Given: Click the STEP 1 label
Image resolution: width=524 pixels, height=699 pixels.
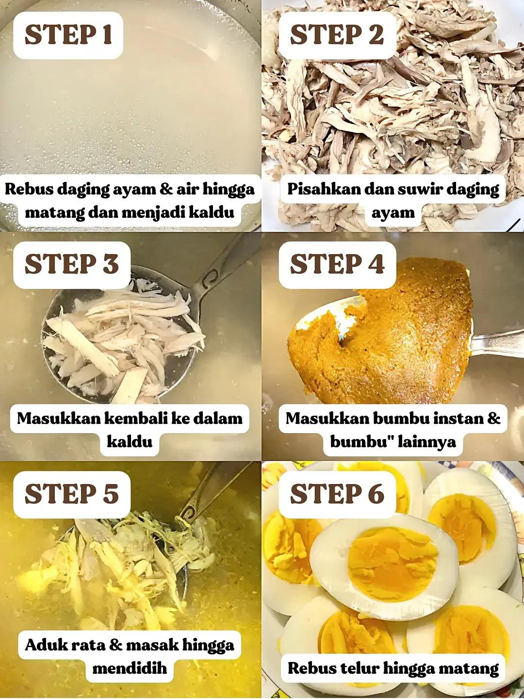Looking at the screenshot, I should (x=68, y=35).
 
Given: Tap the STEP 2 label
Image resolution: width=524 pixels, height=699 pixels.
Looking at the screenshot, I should (x=336, y=35).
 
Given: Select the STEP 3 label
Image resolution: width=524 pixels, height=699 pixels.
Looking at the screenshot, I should (x=71, y=264).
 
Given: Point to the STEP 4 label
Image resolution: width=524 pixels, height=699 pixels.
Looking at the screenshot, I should (x=337, y=264).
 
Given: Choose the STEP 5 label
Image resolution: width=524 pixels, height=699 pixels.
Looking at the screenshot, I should (x=71, y=494).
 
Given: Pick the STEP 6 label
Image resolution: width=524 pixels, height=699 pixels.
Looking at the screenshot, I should (x=337, y=494).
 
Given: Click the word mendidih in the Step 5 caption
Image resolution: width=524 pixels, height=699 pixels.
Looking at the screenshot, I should (x=130, y=668).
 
